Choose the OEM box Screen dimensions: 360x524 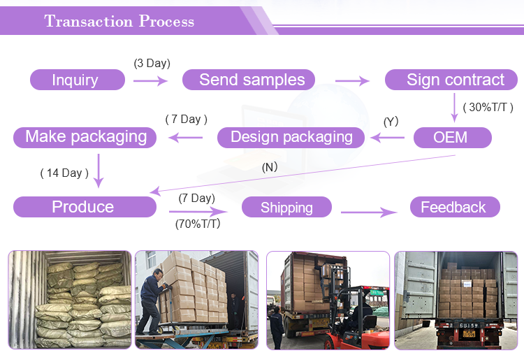[x=452, y=137]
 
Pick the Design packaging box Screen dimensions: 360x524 [x=291, y=137]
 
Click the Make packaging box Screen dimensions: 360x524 [x=85, y=136]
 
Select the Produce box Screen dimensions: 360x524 [x=84, y=207]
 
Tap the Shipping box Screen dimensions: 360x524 [x=286, y=208]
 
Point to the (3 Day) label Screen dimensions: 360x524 [x=152, y=64]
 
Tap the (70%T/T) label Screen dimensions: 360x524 [x=198, y=224]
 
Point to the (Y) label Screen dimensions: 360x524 [x=391, y=122]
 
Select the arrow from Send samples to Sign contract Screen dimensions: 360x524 [x=352, y=81]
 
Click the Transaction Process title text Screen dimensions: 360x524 [x=119, y=21]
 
